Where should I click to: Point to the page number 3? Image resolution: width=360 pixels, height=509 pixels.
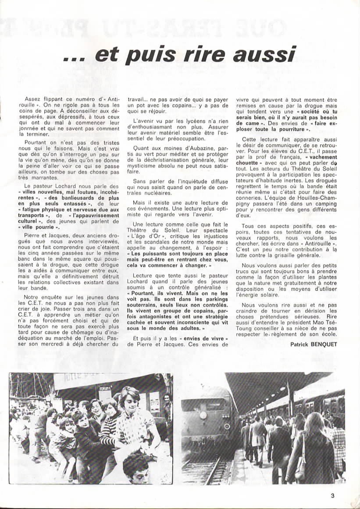point(333,496)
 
